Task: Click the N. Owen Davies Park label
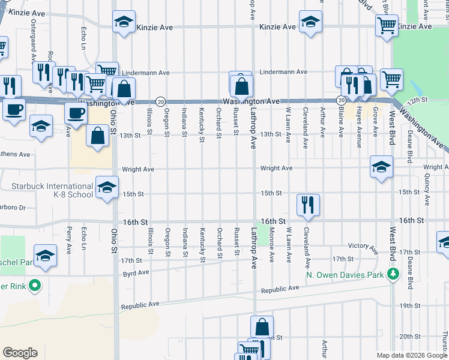pyautogui.click(x=344, y=275)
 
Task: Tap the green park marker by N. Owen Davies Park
pyautogui.click(x=393, y=274)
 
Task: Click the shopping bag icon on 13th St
pyautogui.click(x=97, y=136)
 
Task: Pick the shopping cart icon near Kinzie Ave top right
pyautogui.click(x=387, y=25)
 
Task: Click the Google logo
pyautogui.click(x=20, y=353)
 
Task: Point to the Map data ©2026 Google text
pyautogui.click(x=411, y=355)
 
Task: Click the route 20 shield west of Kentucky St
pyautogui.click(x=161, y=102)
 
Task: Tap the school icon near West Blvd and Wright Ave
pyautogui.click(x=381, y=167)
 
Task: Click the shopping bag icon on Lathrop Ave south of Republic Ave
pyautogui.click(x=262, y=327)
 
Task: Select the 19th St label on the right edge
pyautogui.click(x=410, y=305)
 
